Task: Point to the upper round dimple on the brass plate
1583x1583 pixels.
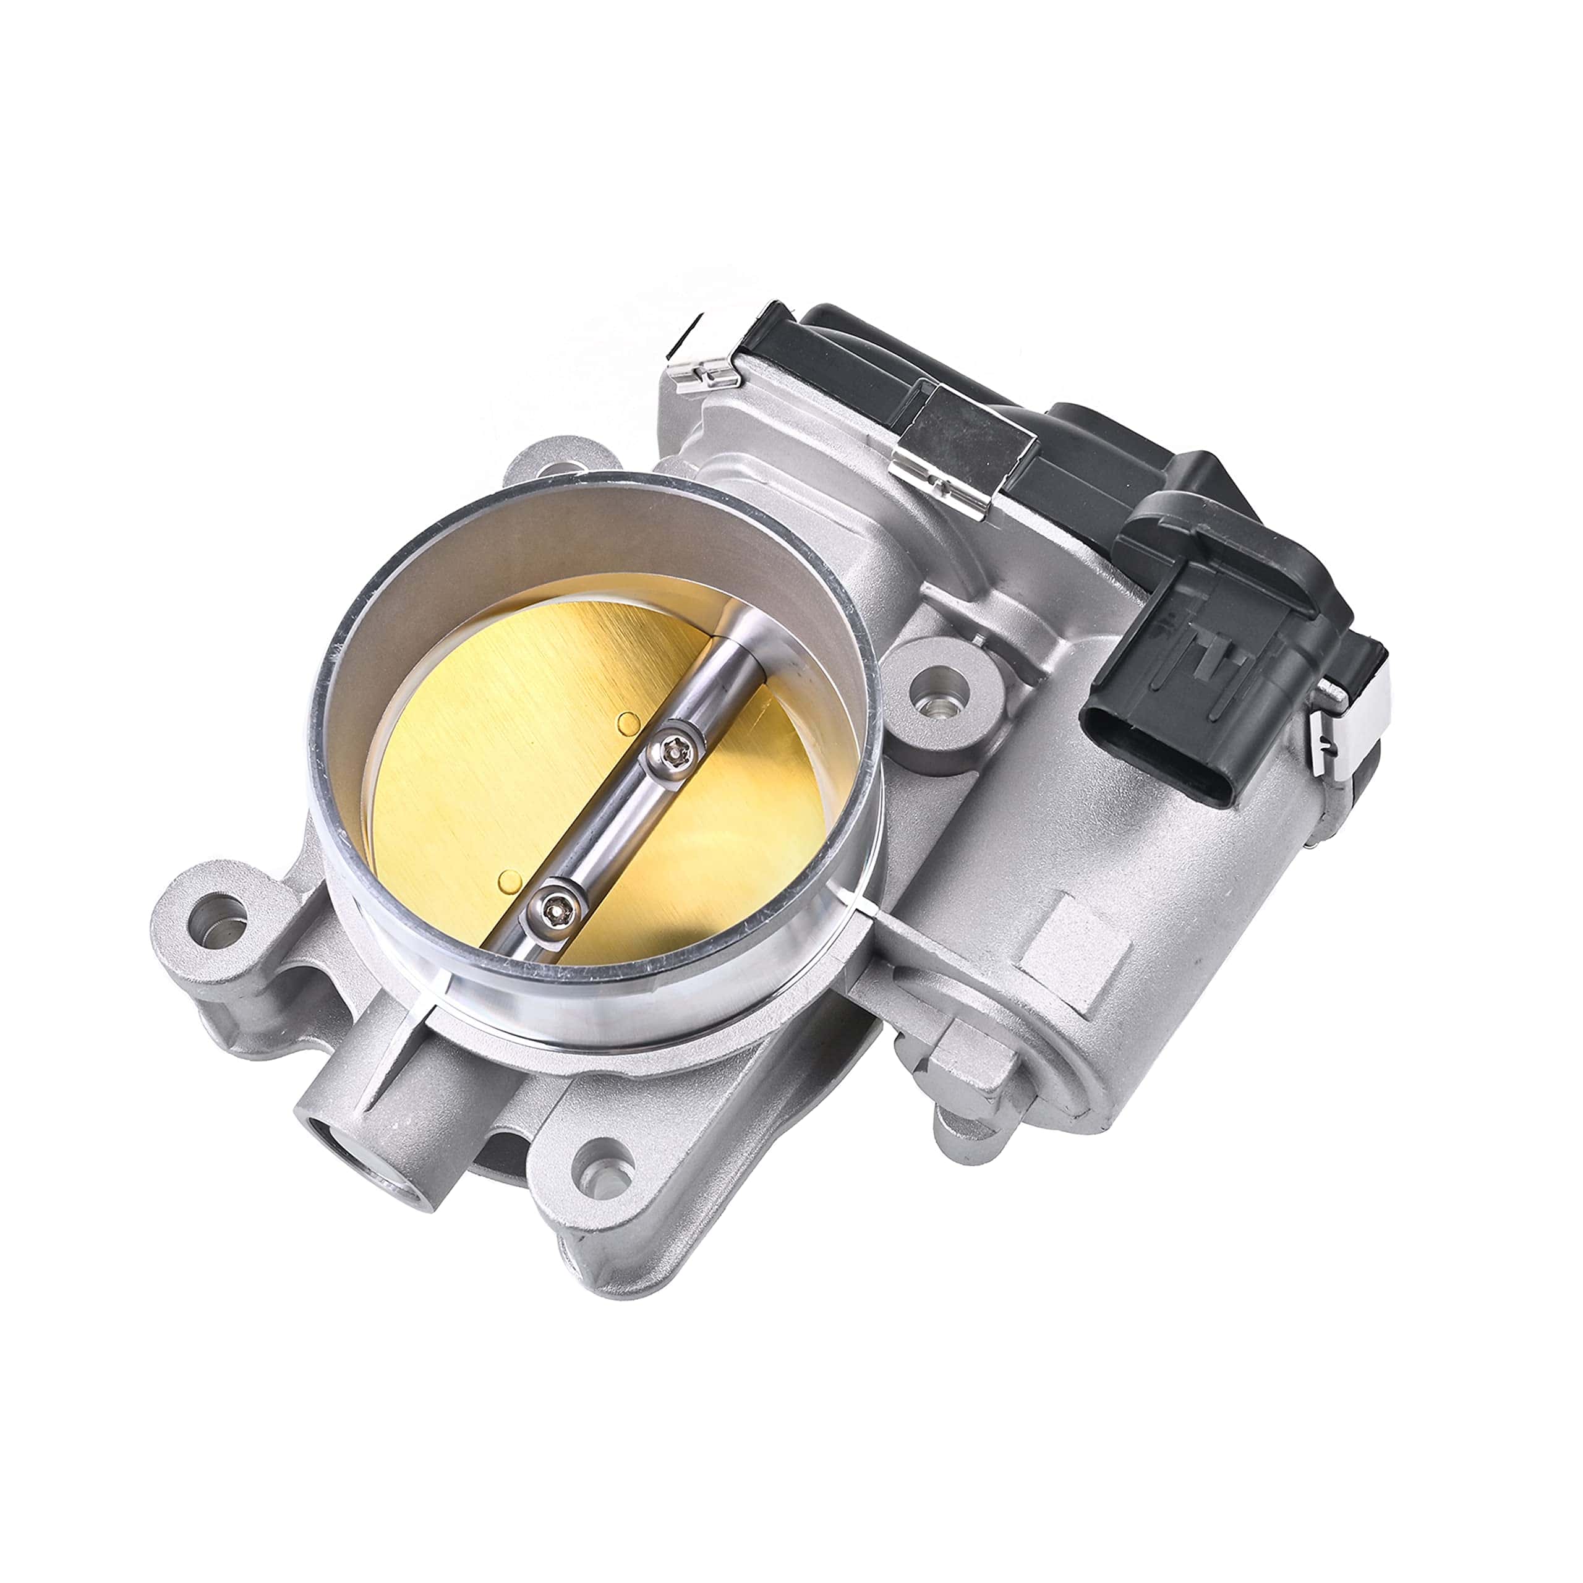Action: [628, 723]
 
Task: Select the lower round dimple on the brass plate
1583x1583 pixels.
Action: [510, 881]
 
